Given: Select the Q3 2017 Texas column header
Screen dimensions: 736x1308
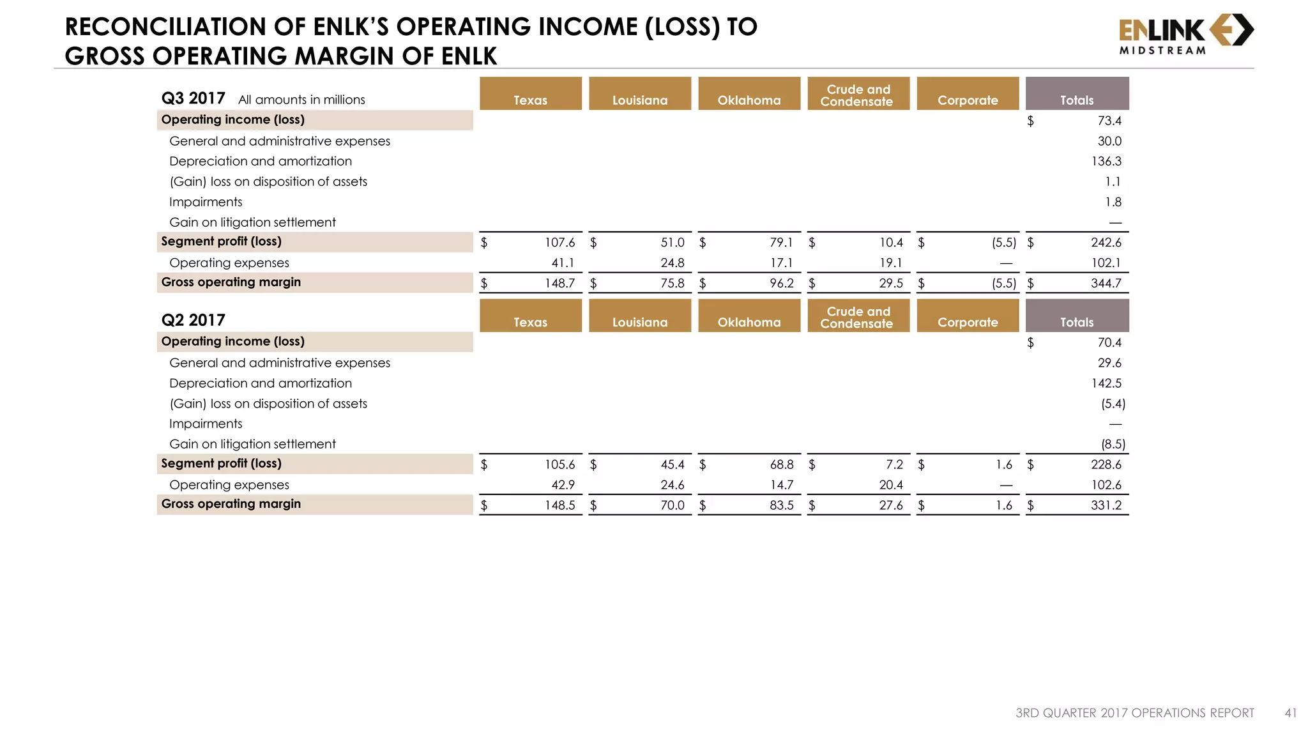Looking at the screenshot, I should click(x=530, y=94).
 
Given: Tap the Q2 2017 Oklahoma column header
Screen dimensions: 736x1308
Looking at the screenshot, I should click(x=749, y=316).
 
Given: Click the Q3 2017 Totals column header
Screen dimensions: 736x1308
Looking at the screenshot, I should click(x=1077, y=94).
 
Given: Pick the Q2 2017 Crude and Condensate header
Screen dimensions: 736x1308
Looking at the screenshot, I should click(x=858, y=316).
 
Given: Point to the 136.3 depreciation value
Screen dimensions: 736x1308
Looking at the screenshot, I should click(x=1106, y=162).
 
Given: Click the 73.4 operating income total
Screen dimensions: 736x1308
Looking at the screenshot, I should click(x=1109, y=121).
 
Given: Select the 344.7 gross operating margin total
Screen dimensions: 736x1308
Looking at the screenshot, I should click(x=1106, y=283).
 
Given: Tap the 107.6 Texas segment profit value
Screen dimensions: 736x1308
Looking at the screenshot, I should click(x=559, y=243).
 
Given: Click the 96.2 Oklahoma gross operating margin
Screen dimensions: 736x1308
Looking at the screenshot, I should click(x=781, y=283).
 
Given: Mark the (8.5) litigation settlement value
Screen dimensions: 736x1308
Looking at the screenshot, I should click(x=1113, y=444).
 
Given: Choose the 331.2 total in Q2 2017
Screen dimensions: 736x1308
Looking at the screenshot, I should click(x=1106, y=505).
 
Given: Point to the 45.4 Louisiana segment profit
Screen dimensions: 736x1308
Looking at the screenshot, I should click(x=672, y=464).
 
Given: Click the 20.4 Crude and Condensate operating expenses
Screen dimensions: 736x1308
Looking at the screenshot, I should click(x=890, y=485).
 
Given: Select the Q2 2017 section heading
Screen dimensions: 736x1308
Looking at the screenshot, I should click(x=193, y=320).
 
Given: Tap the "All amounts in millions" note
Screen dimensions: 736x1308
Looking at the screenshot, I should click(x=301, y=100).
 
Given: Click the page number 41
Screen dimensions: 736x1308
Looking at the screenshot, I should click(x=1290, y=713).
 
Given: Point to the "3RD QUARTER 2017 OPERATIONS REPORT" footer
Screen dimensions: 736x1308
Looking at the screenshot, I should click(x=1134, y=713).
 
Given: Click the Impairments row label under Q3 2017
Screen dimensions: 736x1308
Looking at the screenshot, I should click(x=206, y=202).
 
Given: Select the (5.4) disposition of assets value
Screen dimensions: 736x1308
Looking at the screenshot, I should click(x=1113, y=404).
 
